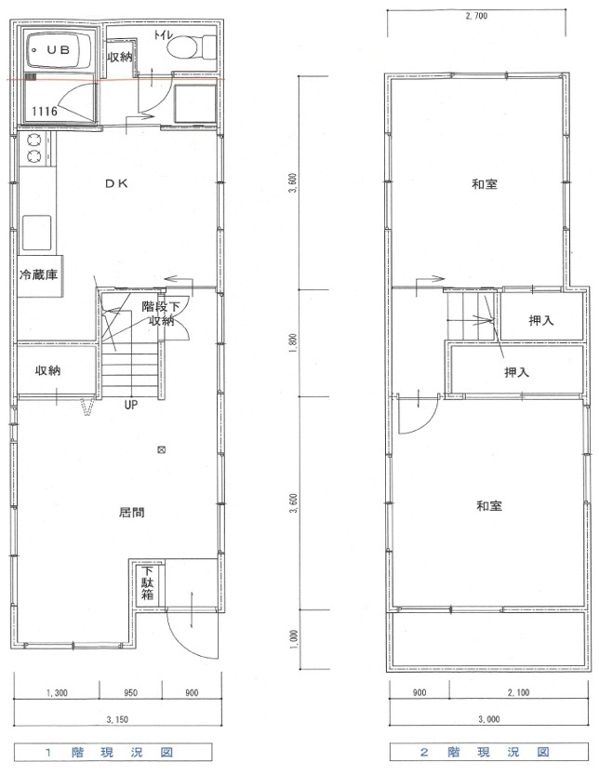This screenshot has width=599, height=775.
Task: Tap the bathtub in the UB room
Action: point(60,50)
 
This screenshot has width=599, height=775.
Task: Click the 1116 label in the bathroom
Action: point(45,112)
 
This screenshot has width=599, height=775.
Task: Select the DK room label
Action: point(117,183)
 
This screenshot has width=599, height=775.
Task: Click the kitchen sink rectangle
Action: point(36,233)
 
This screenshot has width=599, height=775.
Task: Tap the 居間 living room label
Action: point(132,512)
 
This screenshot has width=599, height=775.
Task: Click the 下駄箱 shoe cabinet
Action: point(148,583)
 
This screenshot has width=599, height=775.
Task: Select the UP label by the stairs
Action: point(130,406)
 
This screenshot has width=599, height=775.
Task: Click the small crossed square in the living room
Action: point(161,450)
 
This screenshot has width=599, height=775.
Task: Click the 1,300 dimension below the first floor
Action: point(57,693)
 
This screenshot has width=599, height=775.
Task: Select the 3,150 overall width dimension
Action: point(117,719)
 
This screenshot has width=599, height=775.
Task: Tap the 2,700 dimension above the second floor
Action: point(476,16)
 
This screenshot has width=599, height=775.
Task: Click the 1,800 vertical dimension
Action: point(294,343)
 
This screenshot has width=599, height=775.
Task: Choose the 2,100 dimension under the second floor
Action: point(518,693)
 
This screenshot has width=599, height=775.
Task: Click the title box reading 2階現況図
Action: point(489,753)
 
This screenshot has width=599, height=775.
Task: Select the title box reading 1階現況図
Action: point(113,753)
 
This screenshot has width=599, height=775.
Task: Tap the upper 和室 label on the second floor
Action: point(485,184)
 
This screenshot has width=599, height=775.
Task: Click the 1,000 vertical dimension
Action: point(295,639)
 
